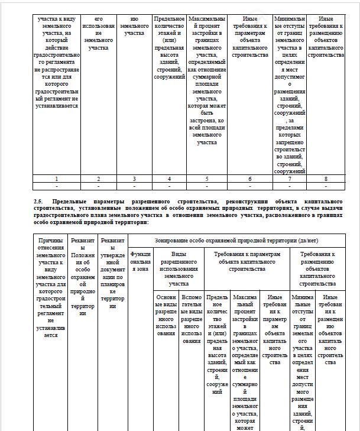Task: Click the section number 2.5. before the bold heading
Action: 40,202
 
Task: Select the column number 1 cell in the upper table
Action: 56,178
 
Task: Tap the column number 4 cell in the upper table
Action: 169,178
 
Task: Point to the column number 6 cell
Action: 250,178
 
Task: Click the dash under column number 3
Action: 134,186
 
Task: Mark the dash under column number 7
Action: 290,186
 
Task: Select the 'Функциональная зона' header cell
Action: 141,261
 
